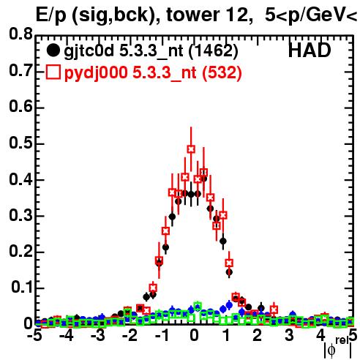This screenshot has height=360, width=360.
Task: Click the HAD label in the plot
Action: click(x=310, y=50)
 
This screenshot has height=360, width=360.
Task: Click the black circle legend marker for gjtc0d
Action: click(x=53, y=50)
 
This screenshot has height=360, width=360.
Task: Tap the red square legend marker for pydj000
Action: click(x=53, y=72)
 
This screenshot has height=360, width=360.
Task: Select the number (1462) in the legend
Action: click(x=214, y=51)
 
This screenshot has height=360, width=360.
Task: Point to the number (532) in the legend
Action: click(x=222, y=73)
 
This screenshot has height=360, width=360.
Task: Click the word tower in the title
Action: click(x=192, y=15)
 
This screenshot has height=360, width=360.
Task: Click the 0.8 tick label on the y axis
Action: click(x=20, y=34)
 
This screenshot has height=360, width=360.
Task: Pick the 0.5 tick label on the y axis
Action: click(x=20, y=143)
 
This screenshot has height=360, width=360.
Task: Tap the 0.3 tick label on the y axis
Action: click(x=20, y=215)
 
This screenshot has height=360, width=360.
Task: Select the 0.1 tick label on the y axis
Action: click(x=21, y=288)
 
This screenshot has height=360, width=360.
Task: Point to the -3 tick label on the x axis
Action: click(x=98, y=336)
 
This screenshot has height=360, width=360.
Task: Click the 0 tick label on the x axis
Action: click(x=194, y=336)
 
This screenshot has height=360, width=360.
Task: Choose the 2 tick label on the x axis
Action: click(x=258, y=336)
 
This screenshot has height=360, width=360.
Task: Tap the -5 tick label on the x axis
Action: click(x=34, y=336)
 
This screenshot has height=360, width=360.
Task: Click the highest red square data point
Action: click(x=191, y=149)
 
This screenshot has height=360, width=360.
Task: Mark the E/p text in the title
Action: click(x=51, y=15)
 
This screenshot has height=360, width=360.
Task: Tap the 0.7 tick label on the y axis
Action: click(x=20, y=70)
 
